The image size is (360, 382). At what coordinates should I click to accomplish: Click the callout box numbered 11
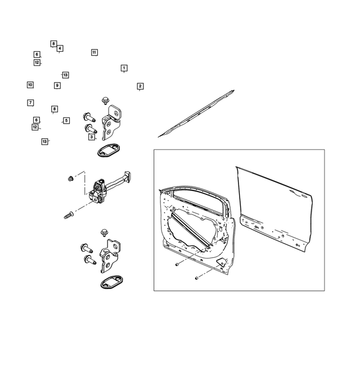[x=94, y=52]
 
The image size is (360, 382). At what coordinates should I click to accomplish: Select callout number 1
[x=124, y=68]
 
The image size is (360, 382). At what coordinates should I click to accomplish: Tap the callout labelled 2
[x=140, y=86]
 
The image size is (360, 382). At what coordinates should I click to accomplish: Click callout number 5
[x=66, y=120]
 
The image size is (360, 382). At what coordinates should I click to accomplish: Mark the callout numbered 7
[x=30, y=103]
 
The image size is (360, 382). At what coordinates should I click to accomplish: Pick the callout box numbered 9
[x=57, y=85]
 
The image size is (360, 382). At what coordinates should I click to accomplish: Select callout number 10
[x=30, y=85]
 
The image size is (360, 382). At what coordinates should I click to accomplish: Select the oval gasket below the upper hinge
[x=106, y=150]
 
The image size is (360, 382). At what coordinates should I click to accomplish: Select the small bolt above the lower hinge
[x=104, y=232]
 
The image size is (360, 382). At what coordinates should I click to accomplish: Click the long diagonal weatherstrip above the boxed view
[x=197, y=113]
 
